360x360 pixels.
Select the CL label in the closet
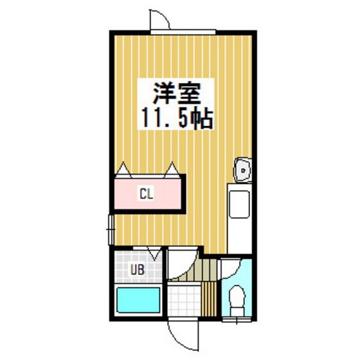(x=147, y=192)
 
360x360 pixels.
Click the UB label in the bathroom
(x=138, y=270)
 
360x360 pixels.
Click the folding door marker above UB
(x=152, y=253)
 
